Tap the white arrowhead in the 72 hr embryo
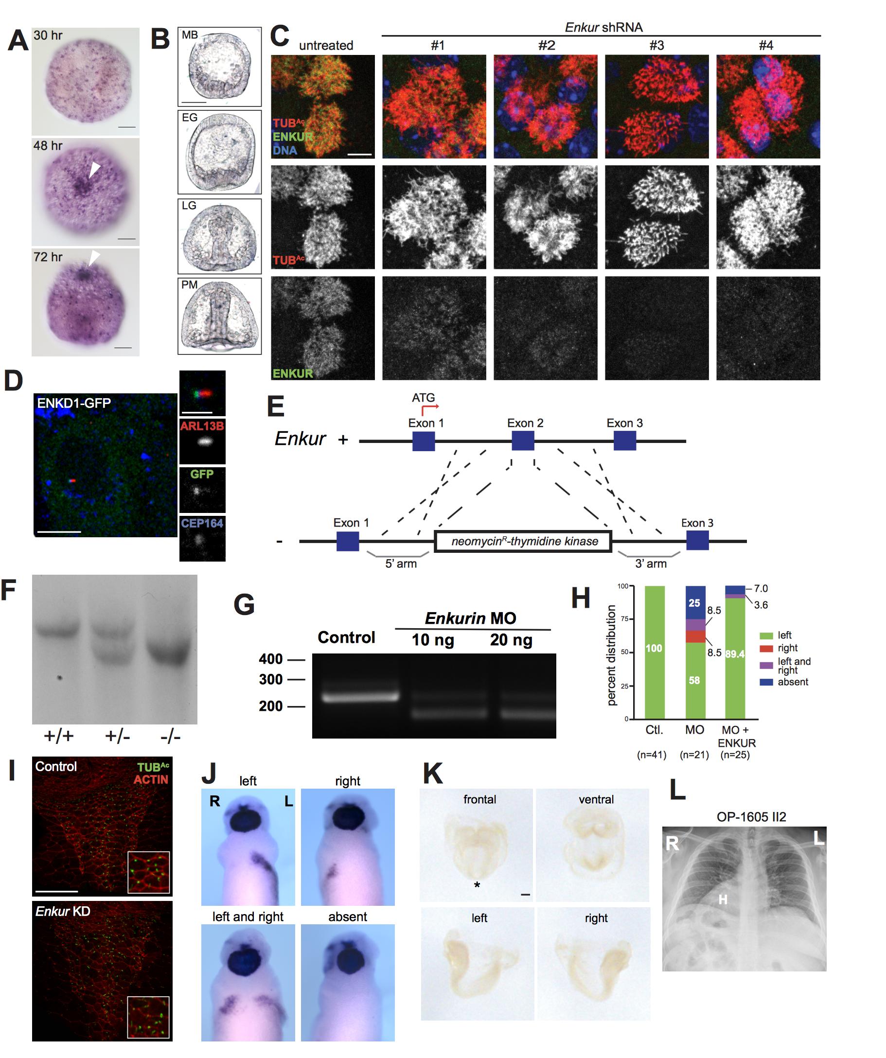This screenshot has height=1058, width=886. [x=94, y=259]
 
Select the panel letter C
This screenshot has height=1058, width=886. [x=280, y=36]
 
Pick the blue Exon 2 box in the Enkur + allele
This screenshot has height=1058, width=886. [x=523, y=441]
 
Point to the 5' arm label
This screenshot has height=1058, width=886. [x=401, y=564]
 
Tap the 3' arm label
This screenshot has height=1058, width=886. [x=651, y=564]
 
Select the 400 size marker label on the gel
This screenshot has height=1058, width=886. [x=271, y=659]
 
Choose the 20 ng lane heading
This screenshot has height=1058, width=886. [x=511, y=640]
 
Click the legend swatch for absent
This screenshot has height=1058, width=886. [x=766, y=682]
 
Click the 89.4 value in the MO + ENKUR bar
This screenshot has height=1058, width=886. [x=735, y=654]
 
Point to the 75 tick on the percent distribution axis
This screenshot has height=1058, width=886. [x=623, y=619]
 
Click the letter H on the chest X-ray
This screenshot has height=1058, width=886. [x=723, y=899]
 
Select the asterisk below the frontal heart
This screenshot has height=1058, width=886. [x=477, y=885]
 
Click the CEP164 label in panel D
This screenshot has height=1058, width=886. [x=202, y=523]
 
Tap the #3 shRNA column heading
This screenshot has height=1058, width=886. [x=656, y=45]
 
